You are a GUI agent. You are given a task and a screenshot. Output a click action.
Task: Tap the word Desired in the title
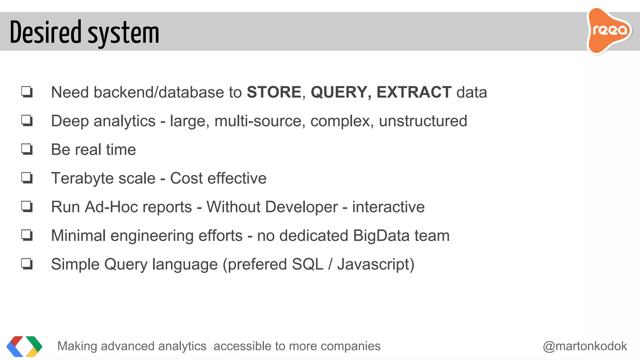click(x=46, y=32)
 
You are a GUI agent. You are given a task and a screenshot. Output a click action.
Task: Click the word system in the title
click(x=123, y=34)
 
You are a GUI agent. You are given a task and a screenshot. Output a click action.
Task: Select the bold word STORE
click(x=274, y=92)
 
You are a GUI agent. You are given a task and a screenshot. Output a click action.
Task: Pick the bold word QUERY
click(x=339, y=92)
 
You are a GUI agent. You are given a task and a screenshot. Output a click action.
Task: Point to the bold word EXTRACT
click(x=414, y=92)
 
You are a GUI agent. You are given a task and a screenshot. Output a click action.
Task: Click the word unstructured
click(x=423, y=121)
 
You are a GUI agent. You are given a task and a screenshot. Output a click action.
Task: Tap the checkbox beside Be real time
click(x=27, y=149)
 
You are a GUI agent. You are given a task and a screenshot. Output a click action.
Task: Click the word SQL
click(x=307, y=264)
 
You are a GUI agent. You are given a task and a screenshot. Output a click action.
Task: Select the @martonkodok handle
click(x=585, y=346)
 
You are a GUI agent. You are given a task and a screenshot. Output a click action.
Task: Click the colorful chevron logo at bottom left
click(x=24, y=346)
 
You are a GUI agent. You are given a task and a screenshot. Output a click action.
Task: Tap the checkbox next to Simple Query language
click(x=27, y=264)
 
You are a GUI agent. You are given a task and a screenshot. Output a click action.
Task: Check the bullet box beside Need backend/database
click(x=27, y=92)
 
